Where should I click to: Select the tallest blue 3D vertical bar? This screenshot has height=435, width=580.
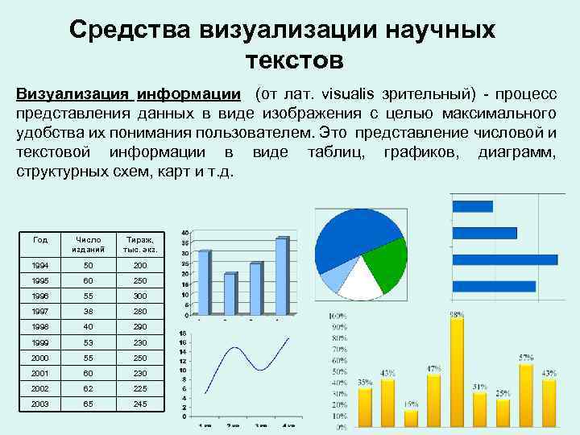[x=281, y=276]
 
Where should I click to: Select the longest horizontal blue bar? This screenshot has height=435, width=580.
[x=505, y=259]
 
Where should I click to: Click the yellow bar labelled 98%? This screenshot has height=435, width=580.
[x=457, y=371]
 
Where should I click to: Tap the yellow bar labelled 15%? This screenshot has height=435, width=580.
[x=411, y=417]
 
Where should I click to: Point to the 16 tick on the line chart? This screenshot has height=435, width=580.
[x=183, y=333]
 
